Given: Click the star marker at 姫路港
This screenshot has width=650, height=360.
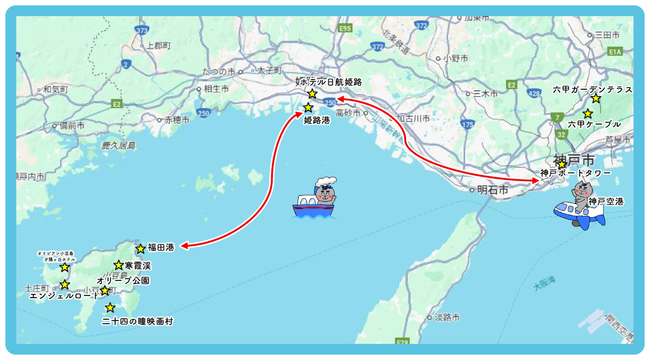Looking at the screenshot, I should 308,107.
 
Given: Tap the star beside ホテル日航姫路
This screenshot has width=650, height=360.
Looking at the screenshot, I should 312,94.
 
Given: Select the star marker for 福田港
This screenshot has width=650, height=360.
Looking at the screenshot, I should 141,249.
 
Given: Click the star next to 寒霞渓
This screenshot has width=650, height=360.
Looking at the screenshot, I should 119,265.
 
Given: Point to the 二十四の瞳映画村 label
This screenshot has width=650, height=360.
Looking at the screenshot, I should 138,321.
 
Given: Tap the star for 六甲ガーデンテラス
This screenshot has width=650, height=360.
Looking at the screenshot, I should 596,98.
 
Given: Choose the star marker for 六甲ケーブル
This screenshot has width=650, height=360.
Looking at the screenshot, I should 588,114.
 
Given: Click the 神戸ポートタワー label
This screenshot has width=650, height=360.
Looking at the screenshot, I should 575,173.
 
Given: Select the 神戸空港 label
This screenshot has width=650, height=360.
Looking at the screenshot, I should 606,201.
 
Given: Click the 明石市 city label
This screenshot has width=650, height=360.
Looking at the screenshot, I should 492,190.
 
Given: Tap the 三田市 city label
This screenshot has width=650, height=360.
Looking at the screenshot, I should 608,35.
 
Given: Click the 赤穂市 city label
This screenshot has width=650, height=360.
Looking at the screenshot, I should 177,120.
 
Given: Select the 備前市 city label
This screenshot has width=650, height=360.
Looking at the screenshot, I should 72,126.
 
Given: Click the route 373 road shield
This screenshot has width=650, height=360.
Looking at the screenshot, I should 142,31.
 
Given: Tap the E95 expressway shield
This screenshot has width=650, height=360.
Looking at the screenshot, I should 345,28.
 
